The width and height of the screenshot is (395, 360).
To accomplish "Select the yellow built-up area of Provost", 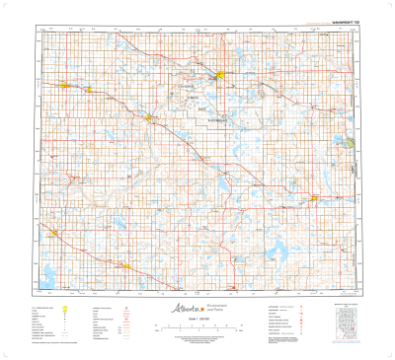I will [x=314, y=198].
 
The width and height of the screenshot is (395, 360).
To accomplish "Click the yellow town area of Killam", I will [x=66, y=84].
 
